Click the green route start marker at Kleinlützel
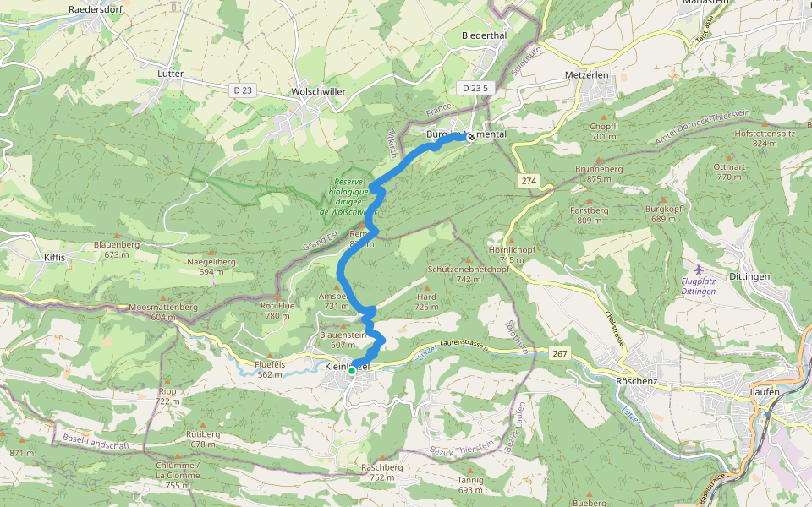click(352, 370)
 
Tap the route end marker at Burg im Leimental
click(470, 136)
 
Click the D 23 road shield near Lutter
click(243, 90)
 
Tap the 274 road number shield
click(529, 182)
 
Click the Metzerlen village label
click(586, 75)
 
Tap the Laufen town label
click(765, 391)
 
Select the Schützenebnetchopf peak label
click(469, 270)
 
